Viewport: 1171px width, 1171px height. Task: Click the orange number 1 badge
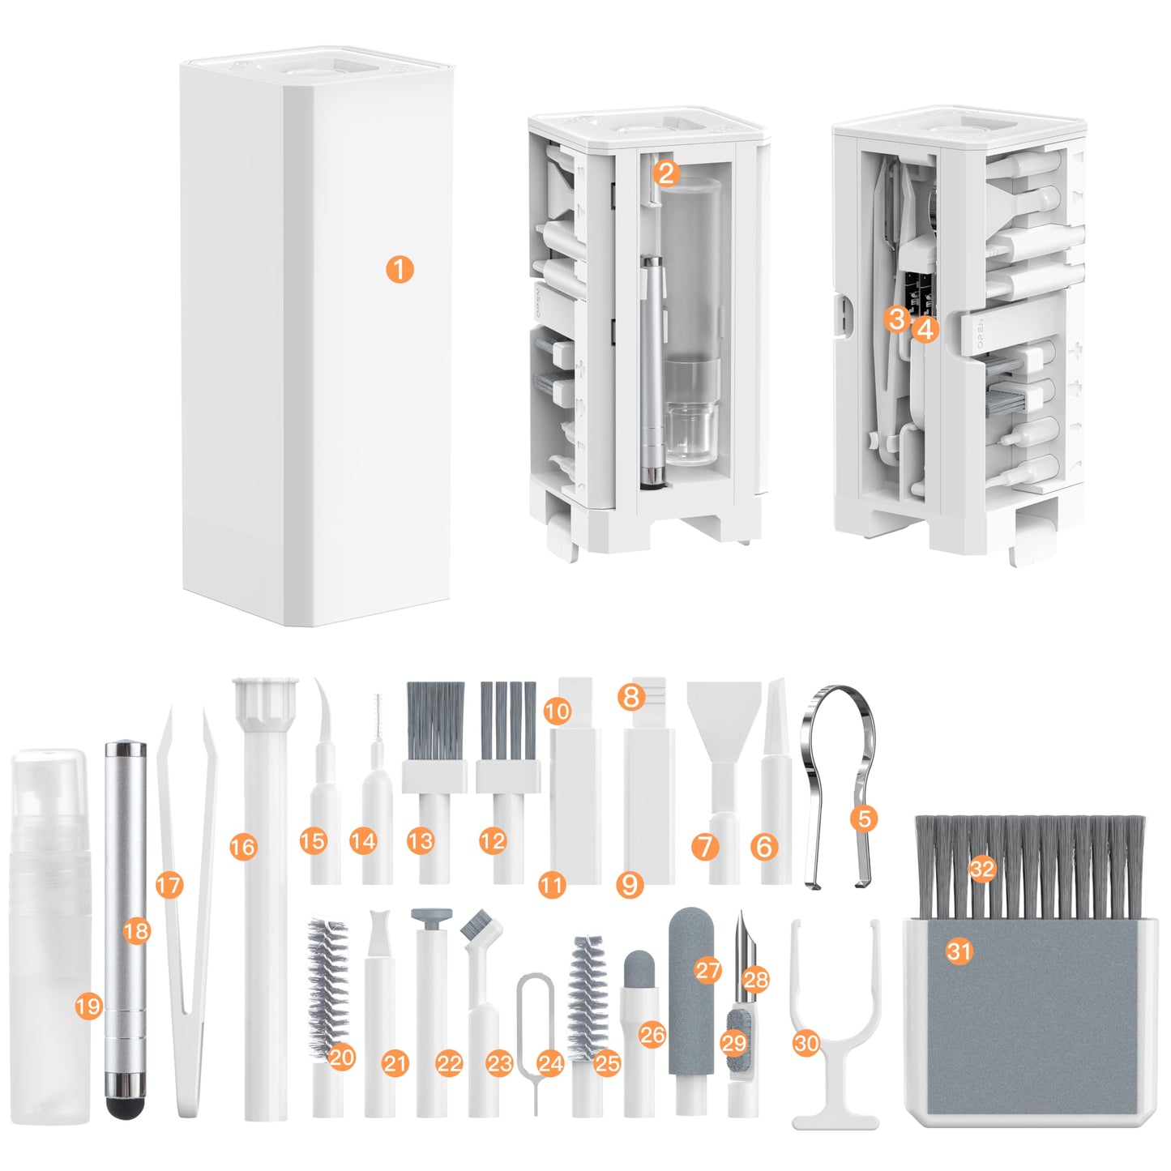[x=400, y=269]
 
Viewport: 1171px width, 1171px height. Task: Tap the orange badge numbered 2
[x=665, y=172]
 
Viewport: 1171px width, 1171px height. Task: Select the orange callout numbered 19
[x=88, y=1006]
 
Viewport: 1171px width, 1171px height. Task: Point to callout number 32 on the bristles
[x=982, y=870]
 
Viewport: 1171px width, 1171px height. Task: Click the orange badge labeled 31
[x=959, y=950]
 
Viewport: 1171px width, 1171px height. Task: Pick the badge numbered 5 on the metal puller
[x=865, y=818]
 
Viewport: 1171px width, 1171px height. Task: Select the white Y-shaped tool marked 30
[x=835, y=972]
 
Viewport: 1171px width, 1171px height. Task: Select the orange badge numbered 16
[x=242, y=847]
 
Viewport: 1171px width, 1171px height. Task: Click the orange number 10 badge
[x=557, y=712]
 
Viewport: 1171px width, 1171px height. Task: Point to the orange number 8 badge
[x=631, y=696]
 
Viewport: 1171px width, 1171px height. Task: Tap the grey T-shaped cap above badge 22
[x=430, y=917]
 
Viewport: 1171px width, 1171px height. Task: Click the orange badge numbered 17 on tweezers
[x=169, y=884]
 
